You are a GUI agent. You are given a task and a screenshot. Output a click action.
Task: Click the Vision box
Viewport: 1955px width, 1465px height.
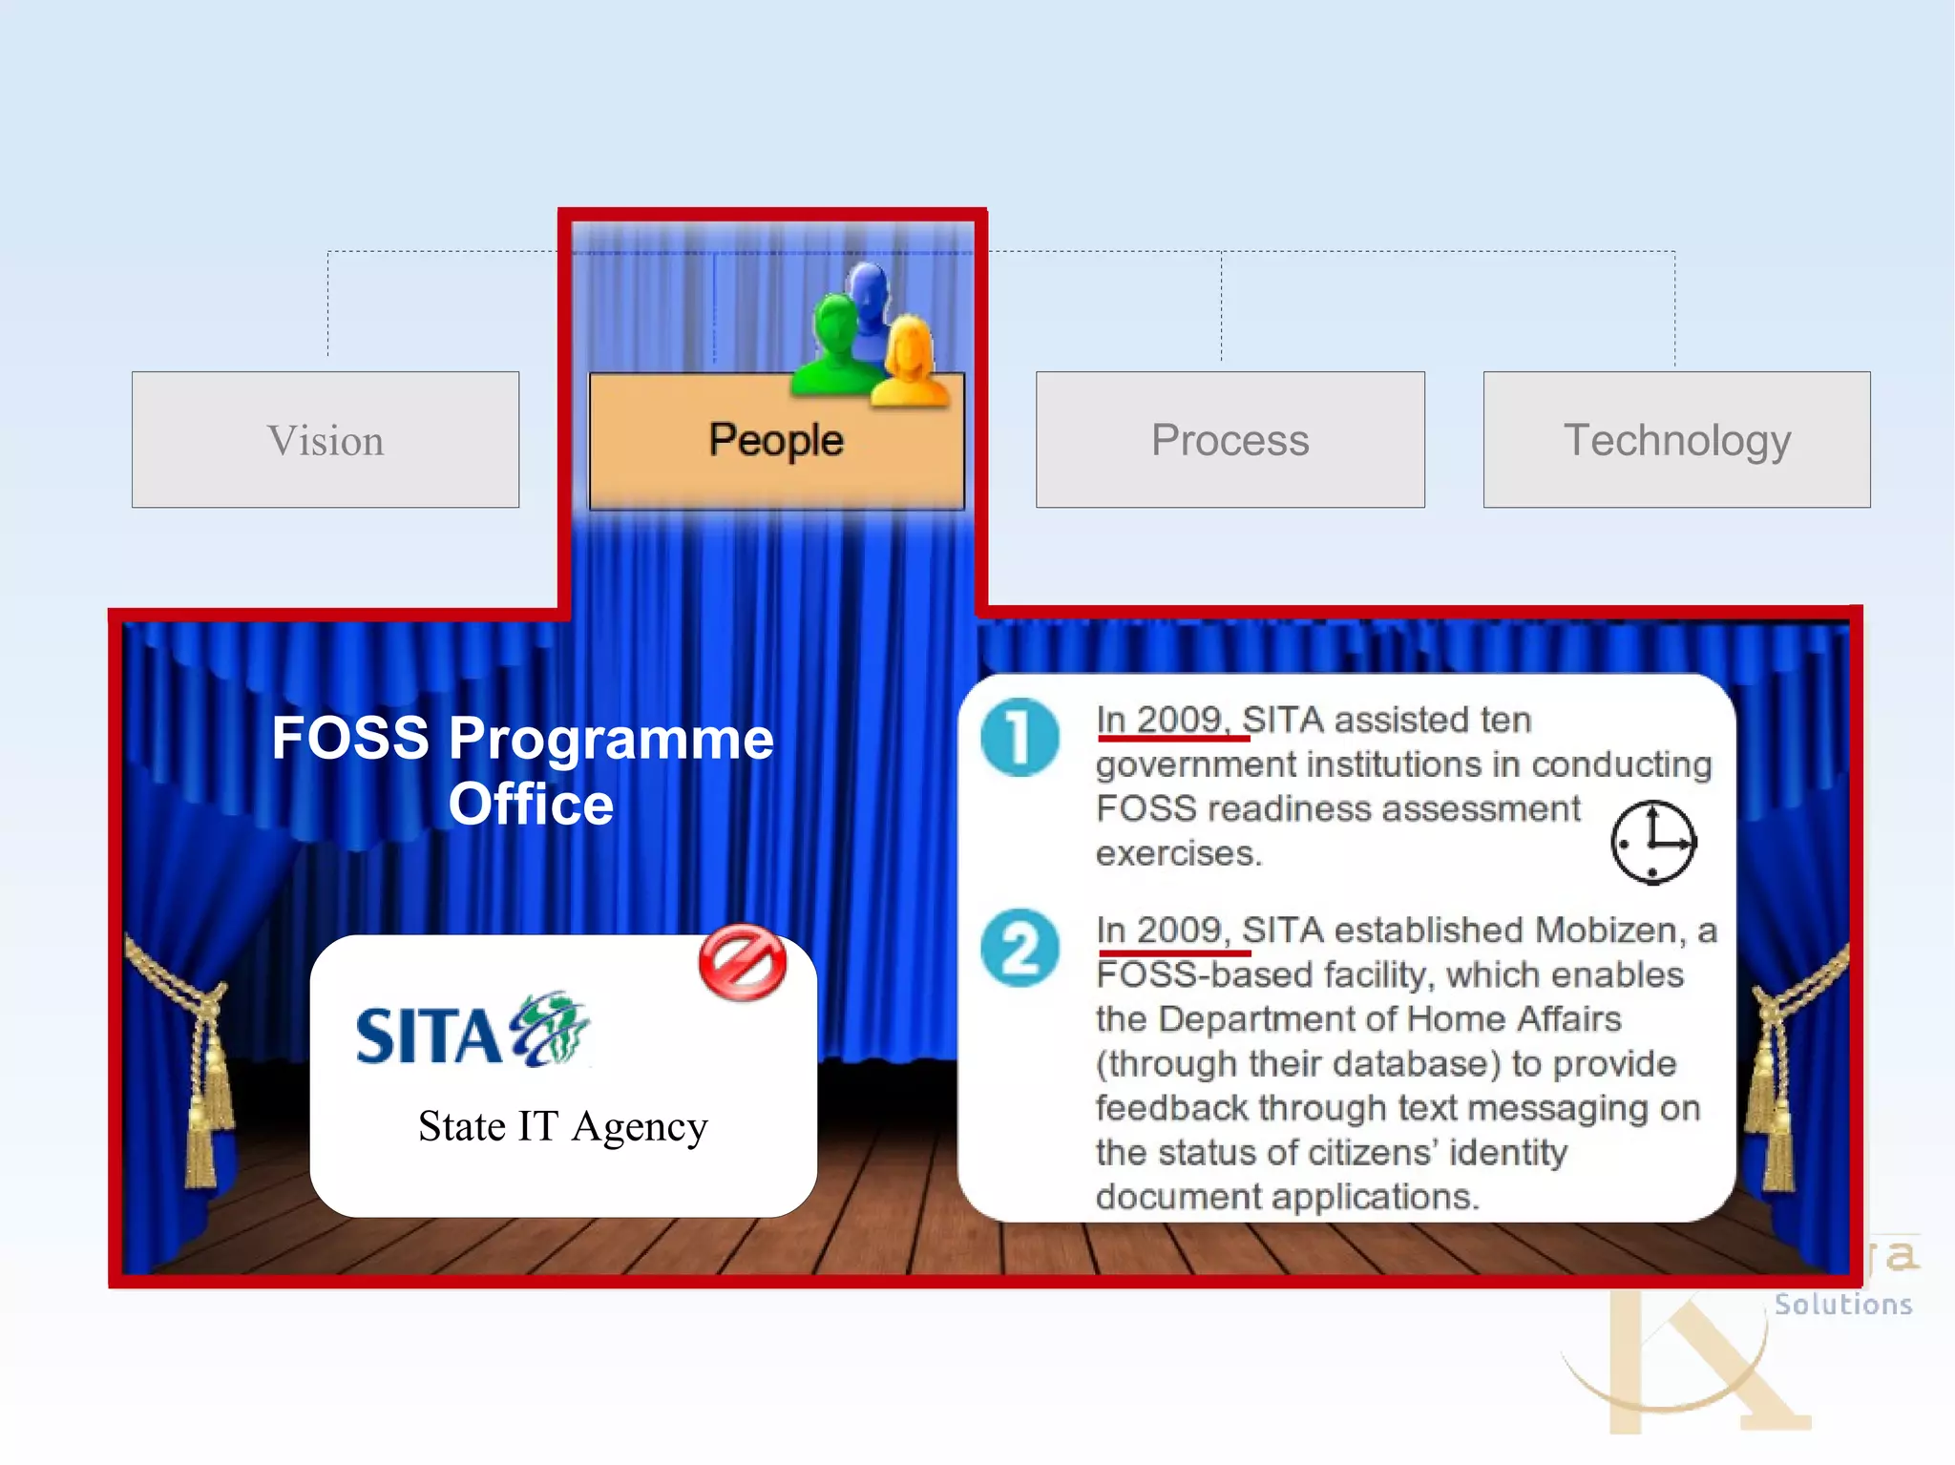click(x=326, y=440)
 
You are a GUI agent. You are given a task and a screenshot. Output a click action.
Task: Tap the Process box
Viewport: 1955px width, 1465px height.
click(x=1230, y=440)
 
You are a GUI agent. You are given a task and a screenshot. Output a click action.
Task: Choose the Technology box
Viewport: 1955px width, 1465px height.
click(x=1676, y=440)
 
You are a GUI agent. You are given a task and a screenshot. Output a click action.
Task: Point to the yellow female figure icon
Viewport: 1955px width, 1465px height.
click(x=910, y=363)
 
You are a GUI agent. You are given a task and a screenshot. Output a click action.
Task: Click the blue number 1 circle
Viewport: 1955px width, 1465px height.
click(x=1020, y=738)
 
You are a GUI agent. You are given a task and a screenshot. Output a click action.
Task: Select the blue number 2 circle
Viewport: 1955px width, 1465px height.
click(x=1020, y=948)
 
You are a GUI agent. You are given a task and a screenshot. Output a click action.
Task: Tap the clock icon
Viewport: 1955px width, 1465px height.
click(x=1652, y=842)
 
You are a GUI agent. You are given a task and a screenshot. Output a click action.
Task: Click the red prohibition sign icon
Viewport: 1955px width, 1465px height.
click(x=742, y=962)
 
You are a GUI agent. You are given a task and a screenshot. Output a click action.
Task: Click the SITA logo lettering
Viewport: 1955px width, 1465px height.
click(x=428, y=1036)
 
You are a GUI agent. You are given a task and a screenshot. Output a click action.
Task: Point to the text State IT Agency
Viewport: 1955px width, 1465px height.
click(x=563, y=1127)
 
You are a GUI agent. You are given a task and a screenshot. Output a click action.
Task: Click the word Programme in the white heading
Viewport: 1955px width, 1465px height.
click(x=611, y=739)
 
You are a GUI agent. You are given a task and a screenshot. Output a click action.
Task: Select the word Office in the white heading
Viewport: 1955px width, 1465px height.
click(x=531, y=805)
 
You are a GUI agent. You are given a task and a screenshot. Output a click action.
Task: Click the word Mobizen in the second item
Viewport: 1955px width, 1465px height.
click(x=1609, y=930)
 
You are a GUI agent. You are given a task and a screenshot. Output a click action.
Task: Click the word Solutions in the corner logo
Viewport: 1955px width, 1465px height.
click(x=1842, y=1305)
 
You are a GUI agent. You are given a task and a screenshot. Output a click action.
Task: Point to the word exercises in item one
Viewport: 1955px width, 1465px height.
click(x=1178, y=853)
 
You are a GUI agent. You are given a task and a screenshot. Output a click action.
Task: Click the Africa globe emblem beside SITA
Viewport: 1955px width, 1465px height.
click(x=551, y=1029)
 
